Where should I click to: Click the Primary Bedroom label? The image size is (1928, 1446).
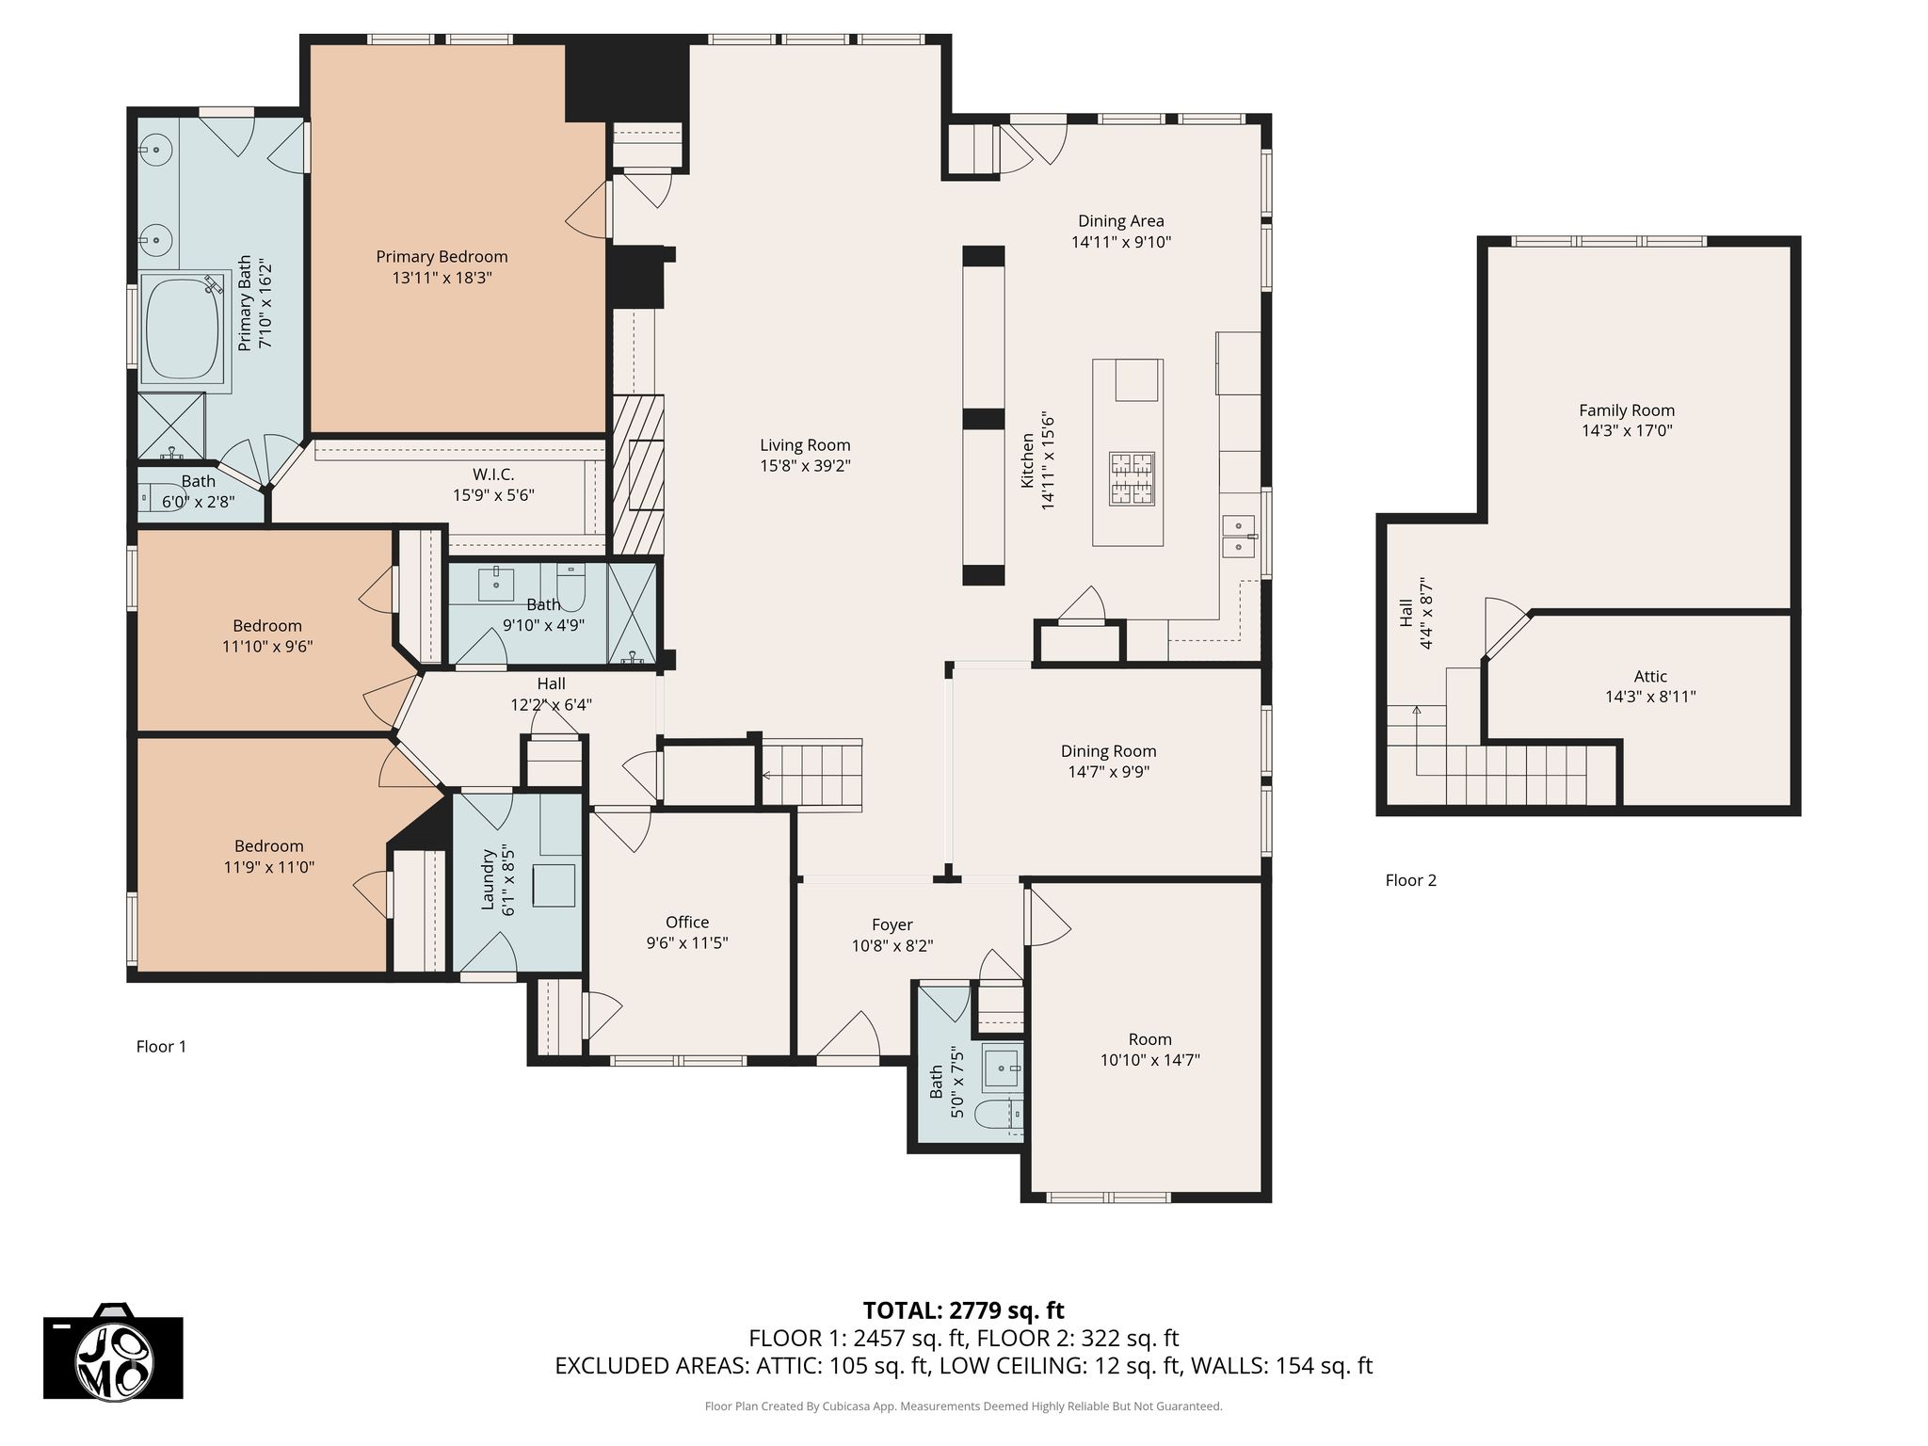442,257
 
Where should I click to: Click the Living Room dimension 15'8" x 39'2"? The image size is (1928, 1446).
805,466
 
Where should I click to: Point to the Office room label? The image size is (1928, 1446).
687,923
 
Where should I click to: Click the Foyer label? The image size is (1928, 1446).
892,925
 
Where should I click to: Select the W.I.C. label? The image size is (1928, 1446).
493,474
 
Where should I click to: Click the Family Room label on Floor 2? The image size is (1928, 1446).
1627,410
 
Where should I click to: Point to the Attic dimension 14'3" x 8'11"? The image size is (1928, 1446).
1650,698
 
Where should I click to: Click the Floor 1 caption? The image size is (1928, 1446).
162,1046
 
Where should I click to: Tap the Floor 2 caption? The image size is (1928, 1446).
1411,880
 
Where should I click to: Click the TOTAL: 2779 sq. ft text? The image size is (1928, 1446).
964,1310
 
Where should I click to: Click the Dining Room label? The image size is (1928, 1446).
1108,751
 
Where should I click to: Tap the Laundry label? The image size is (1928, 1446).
488,880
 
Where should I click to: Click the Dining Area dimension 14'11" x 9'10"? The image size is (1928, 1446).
1121,242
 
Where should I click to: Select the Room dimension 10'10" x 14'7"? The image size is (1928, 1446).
1150,1060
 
